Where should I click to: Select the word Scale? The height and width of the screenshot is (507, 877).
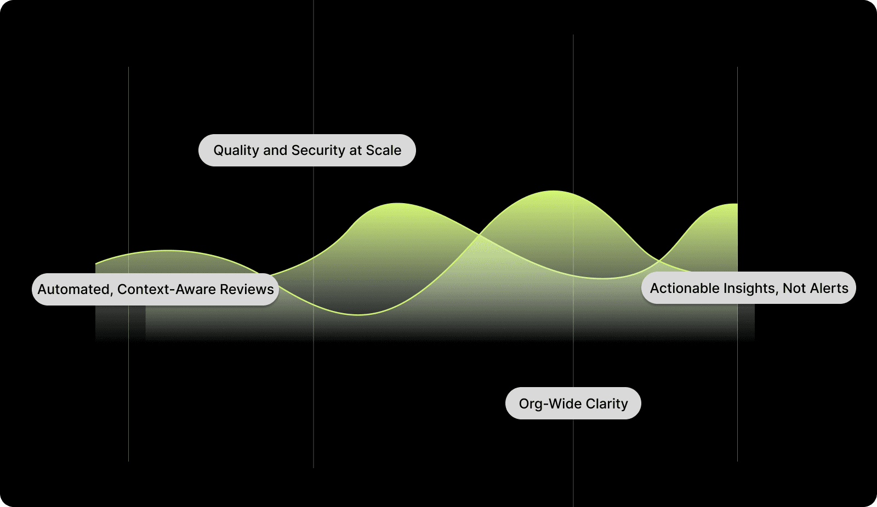384,151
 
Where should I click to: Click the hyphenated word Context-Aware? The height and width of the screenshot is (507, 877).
167,289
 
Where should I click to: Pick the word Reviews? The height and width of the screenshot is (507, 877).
247,289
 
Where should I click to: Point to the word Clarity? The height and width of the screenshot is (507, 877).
607,404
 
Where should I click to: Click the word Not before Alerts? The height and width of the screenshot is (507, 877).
794,288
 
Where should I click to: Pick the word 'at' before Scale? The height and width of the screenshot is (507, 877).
356,151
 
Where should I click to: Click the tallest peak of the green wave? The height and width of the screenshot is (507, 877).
554,191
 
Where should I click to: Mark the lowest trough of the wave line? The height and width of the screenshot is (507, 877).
358,315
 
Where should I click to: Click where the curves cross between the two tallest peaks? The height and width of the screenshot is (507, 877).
479,235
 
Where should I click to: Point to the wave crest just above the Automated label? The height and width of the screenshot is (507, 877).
167,251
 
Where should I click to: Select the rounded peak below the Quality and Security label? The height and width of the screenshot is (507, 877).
397,204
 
